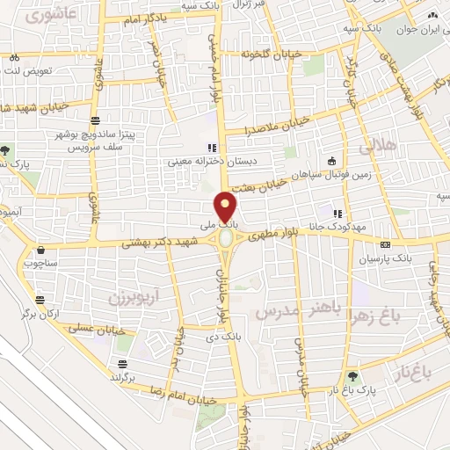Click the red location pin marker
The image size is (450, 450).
click(x=226, y=207)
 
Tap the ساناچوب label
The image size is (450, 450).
click(x=40, y=262)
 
